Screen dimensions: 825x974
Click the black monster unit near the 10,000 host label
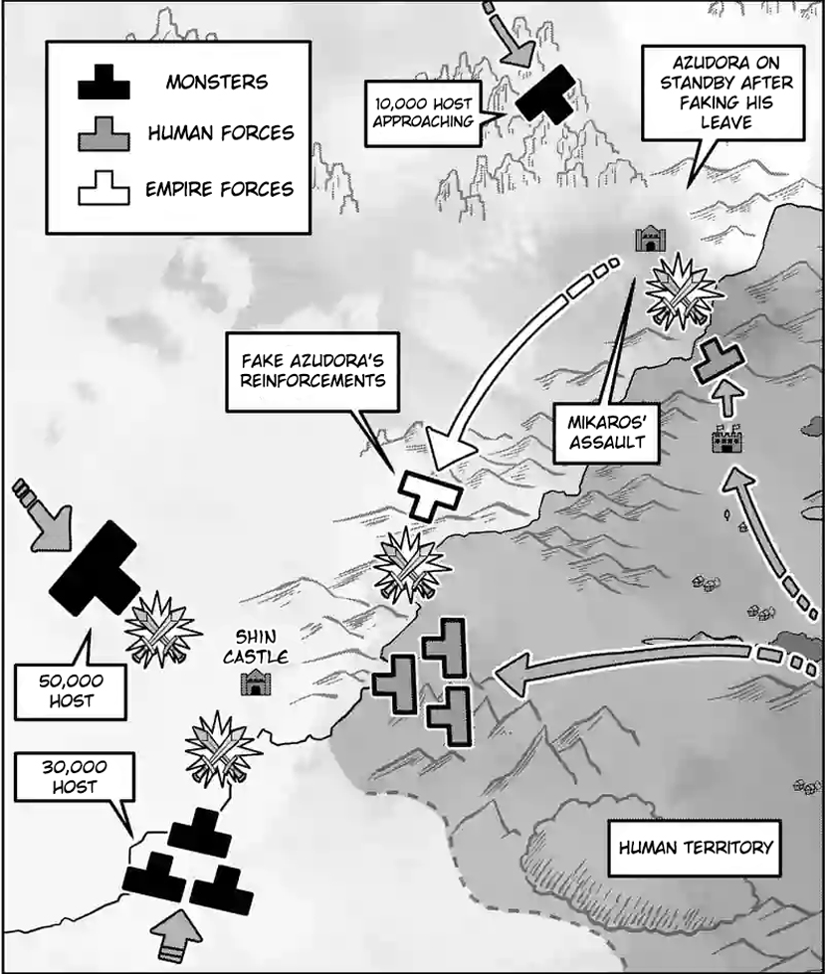[x=545, y=97]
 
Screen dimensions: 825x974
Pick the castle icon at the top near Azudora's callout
[x=651, y=239]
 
